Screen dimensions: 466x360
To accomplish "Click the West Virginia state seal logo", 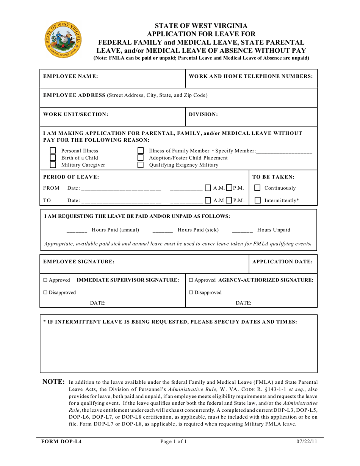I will (63, 39).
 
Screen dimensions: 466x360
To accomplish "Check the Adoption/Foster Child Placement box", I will (141, 158).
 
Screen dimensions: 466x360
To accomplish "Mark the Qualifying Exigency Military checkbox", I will (141, 165).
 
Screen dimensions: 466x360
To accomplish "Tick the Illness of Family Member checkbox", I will (141, 151).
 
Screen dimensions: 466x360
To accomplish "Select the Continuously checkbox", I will (258, 188).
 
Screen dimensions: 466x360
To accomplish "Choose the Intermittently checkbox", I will (258, 200).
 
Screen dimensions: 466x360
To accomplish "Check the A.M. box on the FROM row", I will (208, 188).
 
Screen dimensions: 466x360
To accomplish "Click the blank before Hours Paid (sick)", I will (163, 230).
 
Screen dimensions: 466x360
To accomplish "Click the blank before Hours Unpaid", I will (242, 230).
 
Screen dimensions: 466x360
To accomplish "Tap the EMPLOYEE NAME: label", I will (71, 76).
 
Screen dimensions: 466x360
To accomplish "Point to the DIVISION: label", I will (203, 114).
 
